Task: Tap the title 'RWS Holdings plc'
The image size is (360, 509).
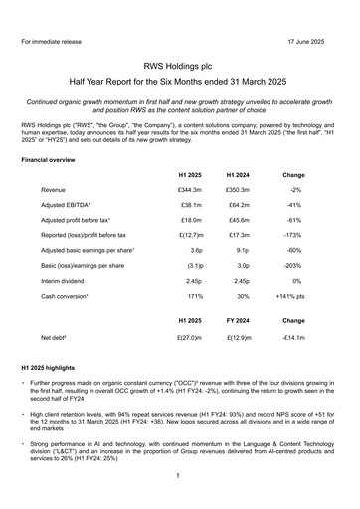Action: [x=180, y=63]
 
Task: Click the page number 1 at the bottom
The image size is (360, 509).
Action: [x=180, y=476]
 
